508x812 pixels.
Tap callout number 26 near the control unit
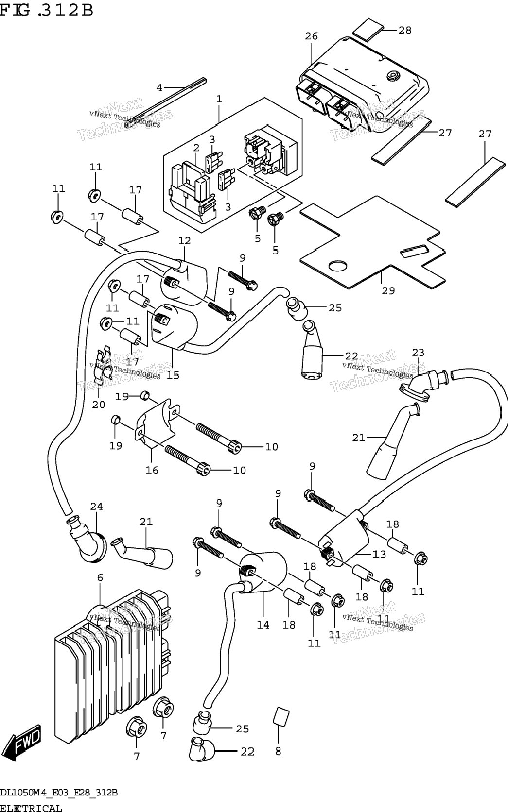[311, 36]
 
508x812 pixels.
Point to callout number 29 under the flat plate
[388, 290]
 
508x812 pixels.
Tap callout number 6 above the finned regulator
[100, 578]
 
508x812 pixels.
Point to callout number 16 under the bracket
[152, 470]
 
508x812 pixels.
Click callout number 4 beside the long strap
[159, 88]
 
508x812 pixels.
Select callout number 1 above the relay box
[219, 99]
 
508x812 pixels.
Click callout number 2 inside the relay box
[196, 148]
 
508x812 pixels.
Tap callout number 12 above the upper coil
[184, 240]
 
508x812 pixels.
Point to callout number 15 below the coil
[173, 375]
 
